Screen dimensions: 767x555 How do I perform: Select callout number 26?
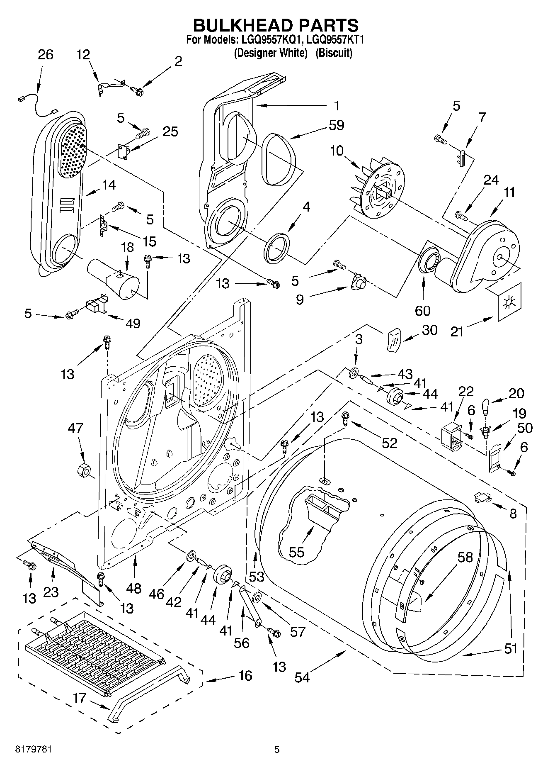45,55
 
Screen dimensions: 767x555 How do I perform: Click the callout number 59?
336,125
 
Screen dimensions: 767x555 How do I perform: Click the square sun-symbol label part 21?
507,302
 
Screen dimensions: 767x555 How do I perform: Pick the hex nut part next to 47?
84,470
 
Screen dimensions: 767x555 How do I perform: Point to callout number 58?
465,557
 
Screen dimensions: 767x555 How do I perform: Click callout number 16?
245,676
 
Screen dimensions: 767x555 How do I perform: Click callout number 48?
134,588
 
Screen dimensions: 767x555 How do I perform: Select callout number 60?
423,310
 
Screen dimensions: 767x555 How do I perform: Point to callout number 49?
133,324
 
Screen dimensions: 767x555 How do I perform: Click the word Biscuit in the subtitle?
334,53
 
